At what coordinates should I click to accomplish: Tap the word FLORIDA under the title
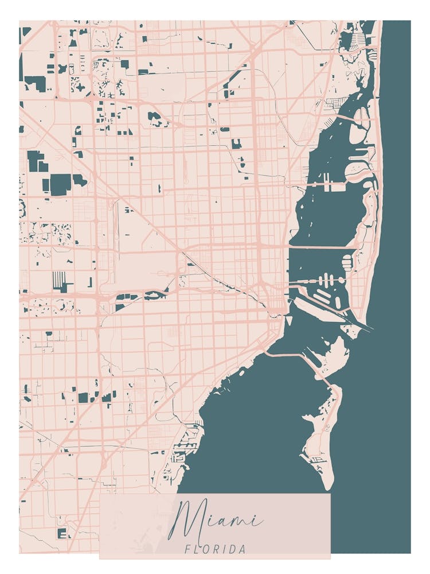pos(216,549)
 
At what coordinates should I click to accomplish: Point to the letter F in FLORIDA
pos(187,549)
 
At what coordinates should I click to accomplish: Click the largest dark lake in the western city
pos(60,184)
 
